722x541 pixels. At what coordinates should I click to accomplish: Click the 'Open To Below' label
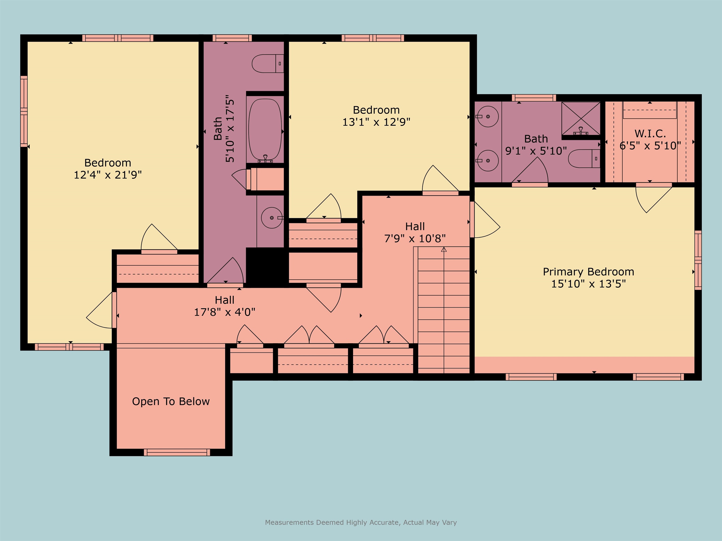[x=171, y=402]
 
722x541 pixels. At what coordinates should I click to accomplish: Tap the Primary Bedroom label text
[x=589, y=272]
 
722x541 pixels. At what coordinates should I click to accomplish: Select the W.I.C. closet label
[x=650, y=134]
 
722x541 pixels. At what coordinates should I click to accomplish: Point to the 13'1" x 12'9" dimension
[x=376, y=122]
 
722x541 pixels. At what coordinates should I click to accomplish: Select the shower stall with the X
[x=581, y=118]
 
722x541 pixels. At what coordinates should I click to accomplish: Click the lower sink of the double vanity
[x=488, y=160]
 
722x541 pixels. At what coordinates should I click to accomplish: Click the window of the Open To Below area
[x=177, y=452]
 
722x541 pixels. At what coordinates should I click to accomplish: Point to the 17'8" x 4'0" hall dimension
[x=224, y=312]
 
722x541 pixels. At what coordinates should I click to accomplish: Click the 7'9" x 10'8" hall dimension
[x=415, y=238]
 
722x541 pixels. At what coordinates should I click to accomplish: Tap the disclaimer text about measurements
[x=361, y=522]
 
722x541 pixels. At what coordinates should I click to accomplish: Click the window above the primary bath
[x=534, y=98]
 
